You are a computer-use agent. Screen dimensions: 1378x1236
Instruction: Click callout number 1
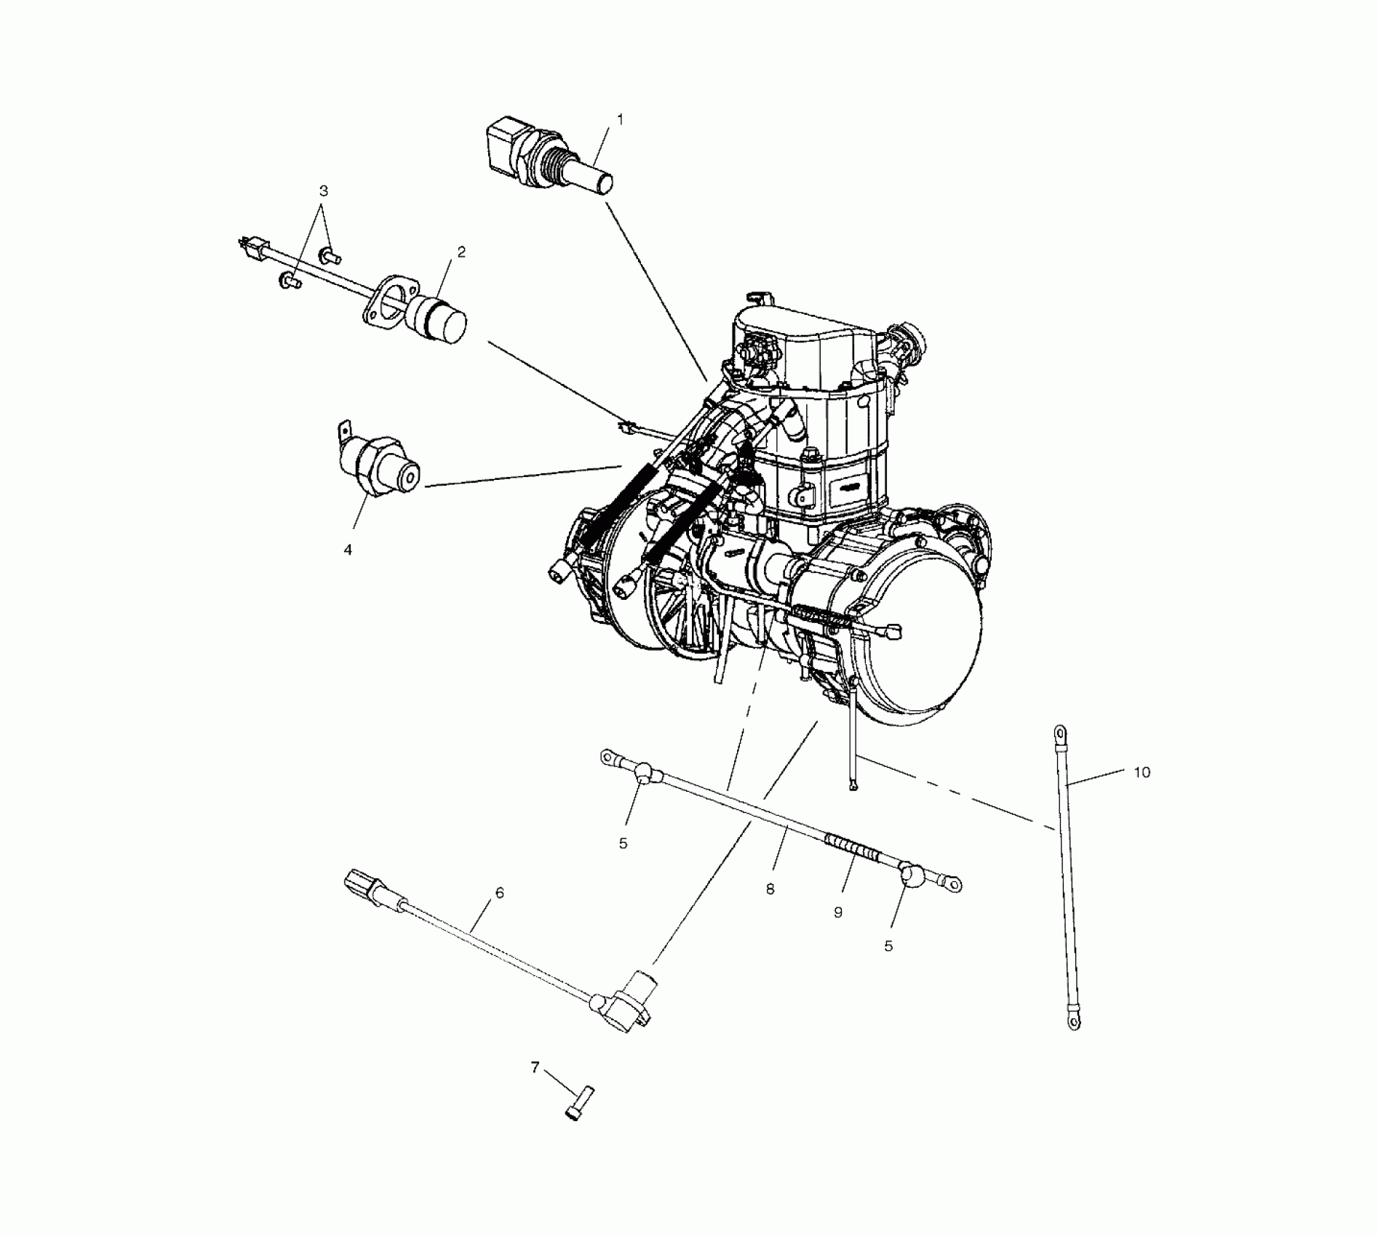[x=620, y=118]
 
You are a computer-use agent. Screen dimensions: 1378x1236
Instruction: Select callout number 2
[x=461, y=252]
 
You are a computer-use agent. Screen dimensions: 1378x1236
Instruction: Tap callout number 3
[x=324, y=191]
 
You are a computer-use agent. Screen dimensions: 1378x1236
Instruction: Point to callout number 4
[x=348, y=550]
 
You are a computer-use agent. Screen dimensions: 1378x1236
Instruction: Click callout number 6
[x=499, y=893]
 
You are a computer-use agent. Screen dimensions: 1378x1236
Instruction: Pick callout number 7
[x=535, y=1067]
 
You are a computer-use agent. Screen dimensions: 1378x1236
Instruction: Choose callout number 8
[x=770, y=888]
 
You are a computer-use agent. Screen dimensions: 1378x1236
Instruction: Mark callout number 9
[x=837, y=912]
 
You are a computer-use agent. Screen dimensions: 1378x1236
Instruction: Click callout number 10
[x=1142, y=772]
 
